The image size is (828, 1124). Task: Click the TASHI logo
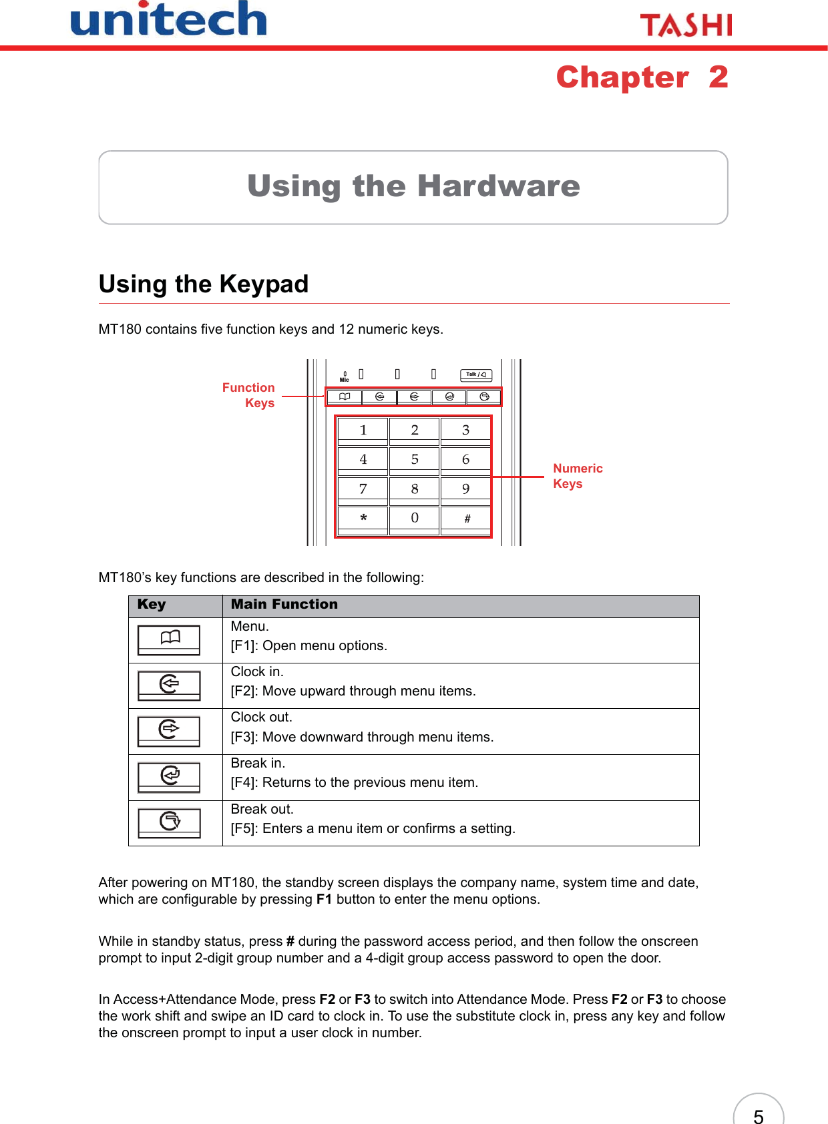click(x=686, y=25)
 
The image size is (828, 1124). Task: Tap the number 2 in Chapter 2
click(x=718, y=77)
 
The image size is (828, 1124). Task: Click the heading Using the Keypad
click(x=204, y=284)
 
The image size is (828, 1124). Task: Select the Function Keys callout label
click(x=248, y=395)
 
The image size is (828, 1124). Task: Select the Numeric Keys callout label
click(x=578, y=476)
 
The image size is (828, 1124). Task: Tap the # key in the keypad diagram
click(x=466, y=519)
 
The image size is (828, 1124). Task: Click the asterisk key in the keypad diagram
click(x=363, y=519)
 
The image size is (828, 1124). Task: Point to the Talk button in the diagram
click(x=476, y=374)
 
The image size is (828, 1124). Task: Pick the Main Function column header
click(x=284, y=604)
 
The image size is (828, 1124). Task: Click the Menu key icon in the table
click(x=169, y=639)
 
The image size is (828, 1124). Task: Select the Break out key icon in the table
click(x=169, y=822)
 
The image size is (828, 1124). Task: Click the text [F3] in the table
click(x=244, y=737)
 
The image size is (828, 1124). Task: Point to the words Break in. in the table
click(x=258, y=763)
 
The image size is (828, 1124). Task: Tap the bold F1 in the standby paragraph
click(x=324, y=899)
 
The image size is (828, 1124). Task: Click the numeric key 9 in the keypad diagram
click(x=466, y=489)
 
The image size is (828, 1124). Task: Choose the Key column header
click(x=152, y=604)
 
